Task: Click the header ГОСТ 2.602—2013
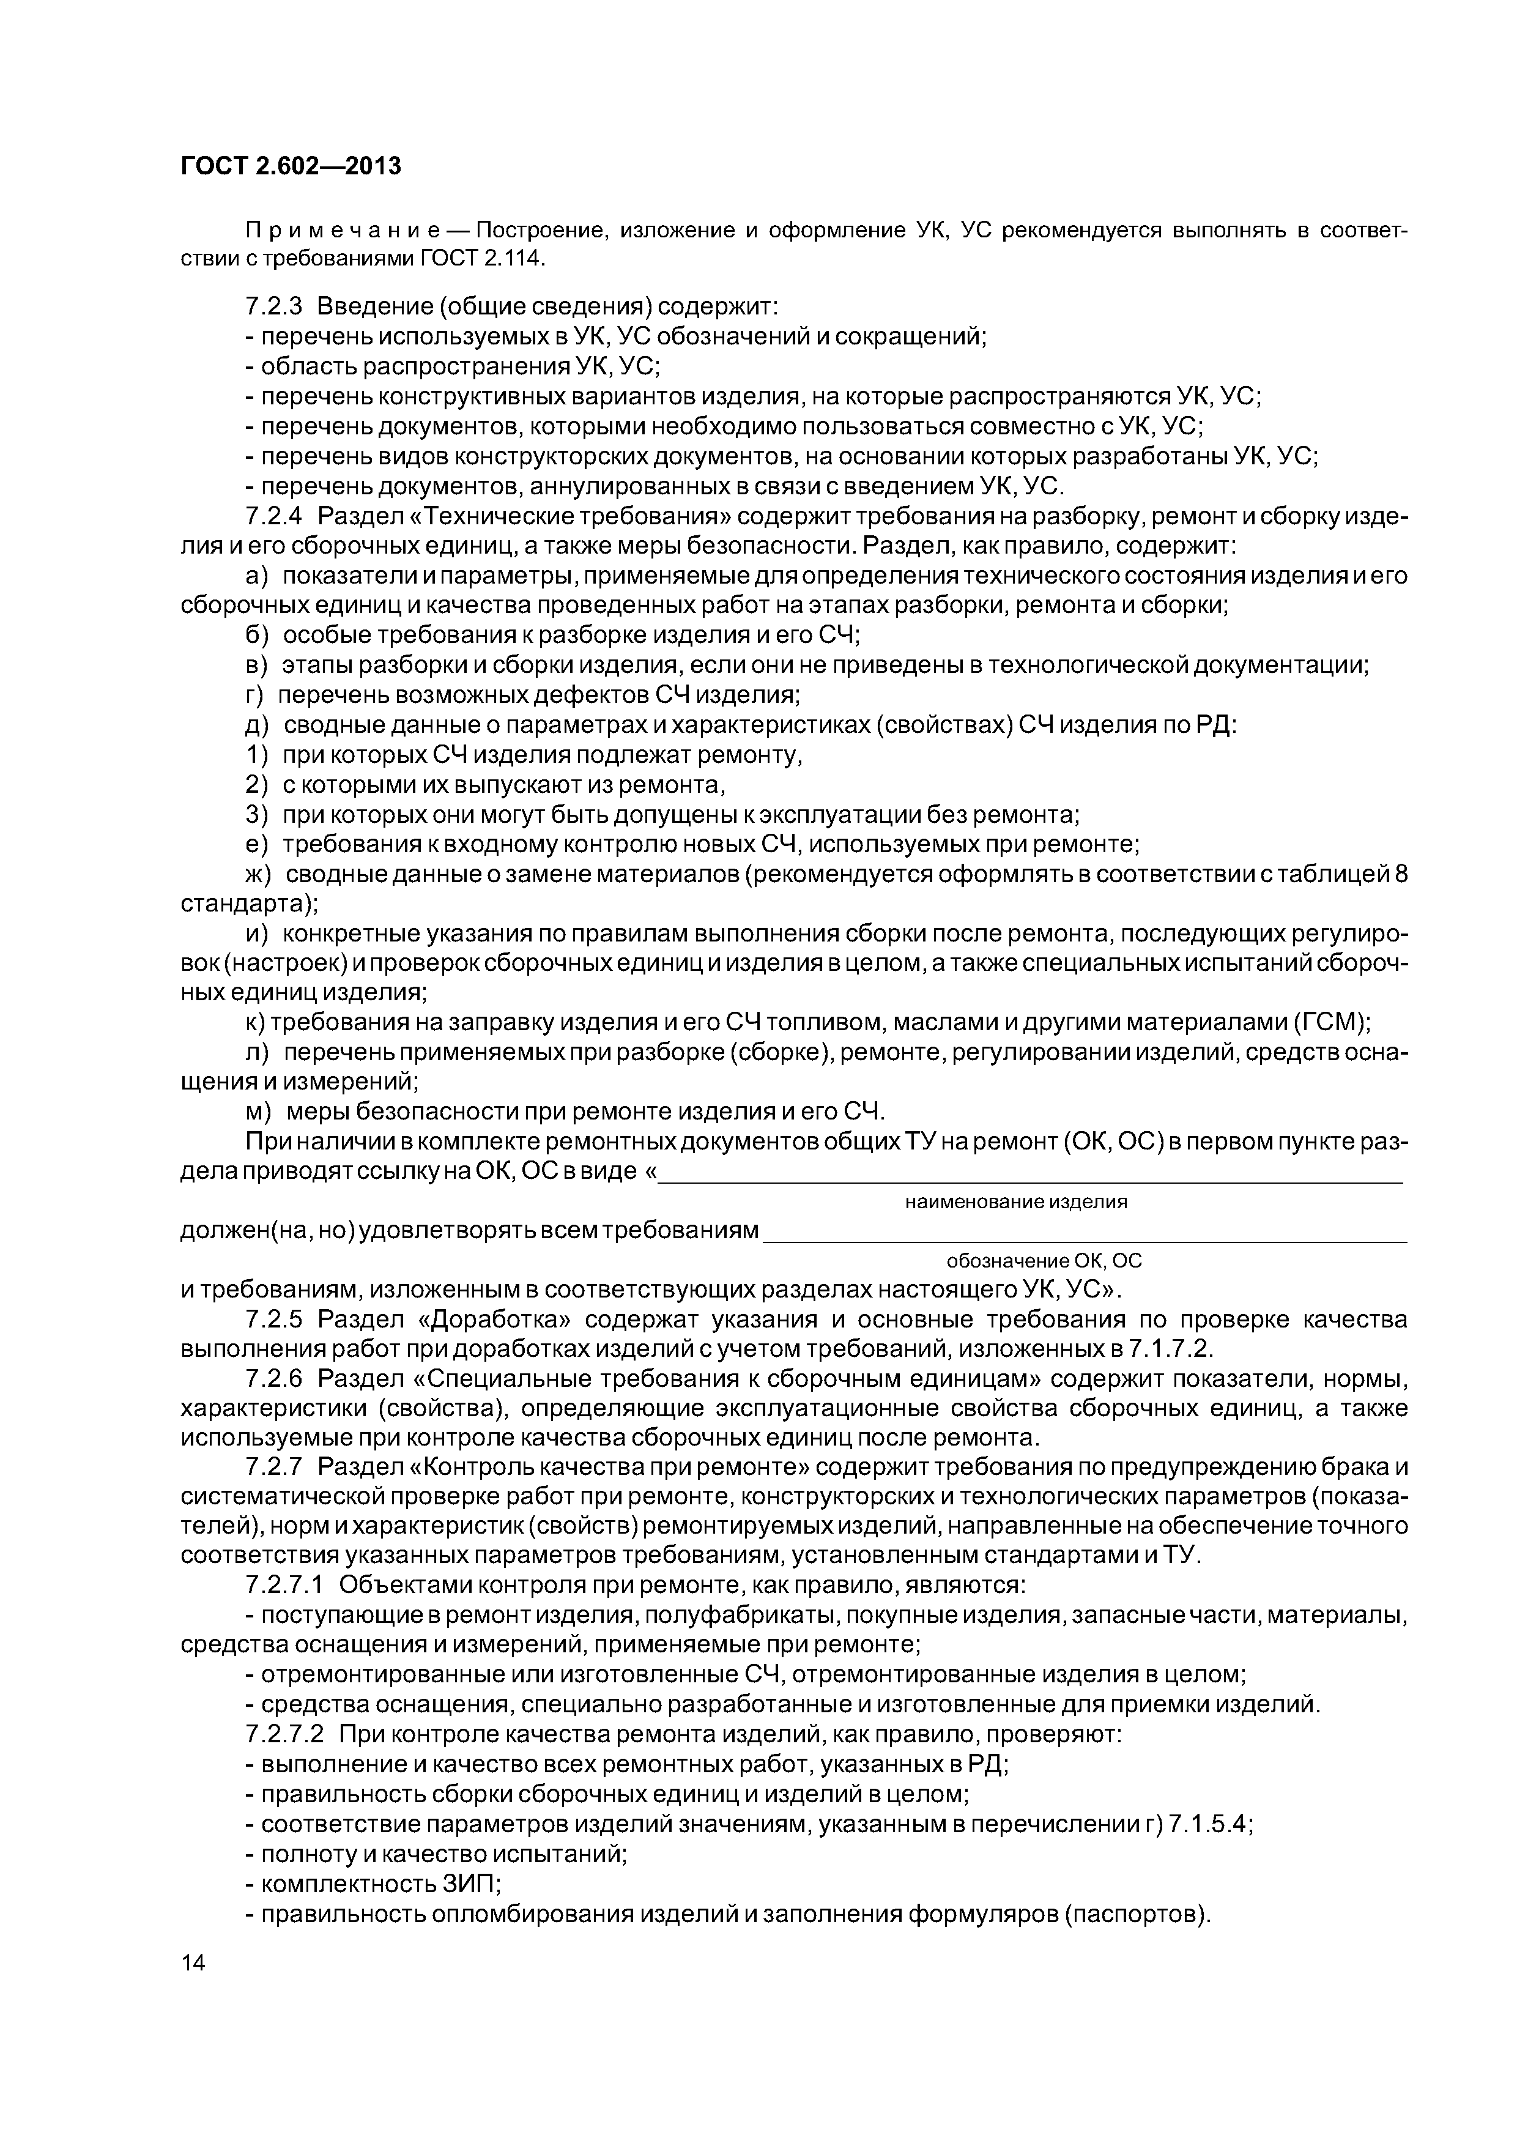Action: (290, 166)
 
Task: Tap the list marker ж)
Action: (257, 875)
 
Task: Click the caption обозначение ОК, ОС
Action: (1044, 1261)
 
